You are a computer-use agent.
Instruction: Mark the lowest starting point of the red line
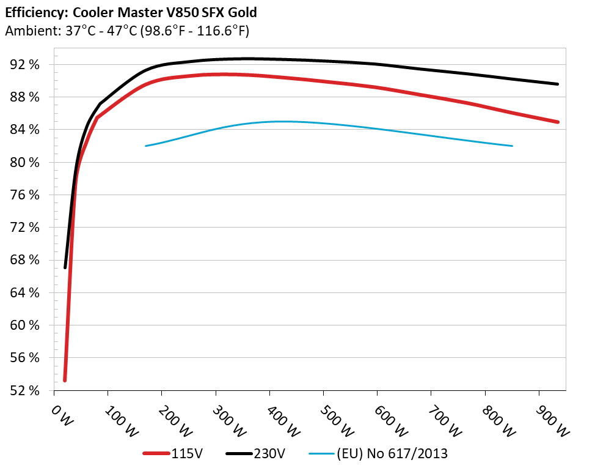click(65, 380)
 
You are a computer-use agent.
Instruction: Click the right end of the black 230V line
click(558, 84)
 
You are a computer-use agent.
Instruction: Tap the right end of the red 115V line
click(558, 122)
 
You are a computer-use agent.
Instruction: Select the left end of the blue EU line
click(145, 146)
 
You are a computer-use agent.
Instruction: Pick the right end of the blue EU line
click(512, 146)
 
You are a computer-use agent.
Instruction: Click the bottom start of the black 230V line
click(65, 267)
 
